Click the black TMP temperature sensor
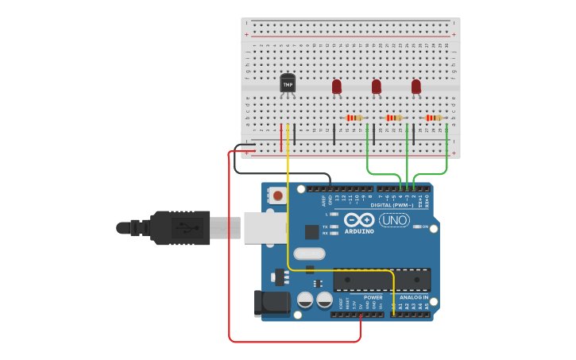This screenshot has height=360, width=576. coord(288,83)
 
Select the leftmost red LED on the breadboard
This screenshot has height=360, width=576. coord(337,86)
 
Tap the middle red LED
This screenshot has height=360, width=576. coord(377,86)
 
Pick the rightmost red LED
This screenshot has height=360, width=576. coord(416,86)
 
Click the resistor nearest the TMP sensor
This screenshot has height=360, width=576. coord(354,118)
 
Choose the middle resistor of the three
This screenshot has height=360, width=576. coord(393,118)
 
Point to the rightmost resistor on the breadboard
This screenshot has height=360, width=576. coord(433,118)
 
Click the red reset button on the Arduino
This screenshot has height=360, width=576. coord(277,195)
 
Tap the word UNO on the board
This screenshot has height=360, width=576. coord(394,220)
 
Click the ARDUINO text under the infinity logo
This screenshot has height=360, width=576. coord(359,231)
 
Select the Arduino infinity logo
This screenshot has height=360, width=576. coord(359,220)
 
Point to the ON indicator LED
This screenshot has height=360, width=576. coord(417,226)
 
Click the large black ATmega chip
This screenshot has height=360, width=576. coord(382,280)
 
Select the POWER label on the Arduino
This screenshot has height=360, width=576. coord(373,297)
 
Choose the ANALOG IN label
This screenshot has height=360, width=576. coord(414,297)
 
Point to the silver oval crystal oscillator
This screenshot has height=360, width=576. coord(309,254)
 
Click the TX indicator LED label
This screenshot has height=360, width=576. coord(325,226)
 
